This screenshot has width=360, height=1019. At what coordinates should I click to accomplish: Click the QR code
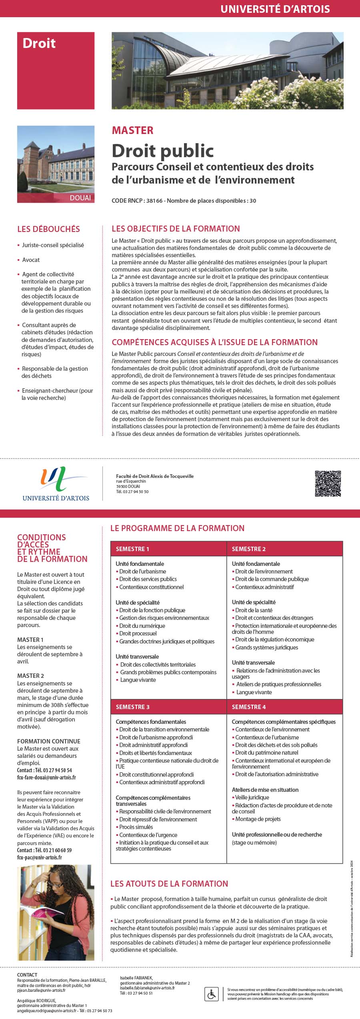[328, 484]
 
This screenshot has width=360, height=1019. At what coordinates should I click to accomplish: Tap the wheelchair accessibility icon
[211, 993]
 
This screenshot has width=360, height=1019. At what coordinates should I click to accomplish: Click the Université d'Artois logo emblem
[56, 480]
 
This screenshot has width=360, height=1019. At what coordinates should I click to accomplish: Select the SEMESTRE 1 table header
[132, 549]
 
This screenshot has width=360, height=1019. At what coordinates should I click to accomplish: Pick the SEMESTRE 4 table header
[249, 707]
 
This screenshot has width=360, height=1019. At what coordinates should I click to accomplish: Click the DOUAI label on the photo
[80, 198]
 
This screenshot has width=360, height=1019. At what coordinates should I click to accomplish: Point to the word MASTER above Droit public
[132, 130]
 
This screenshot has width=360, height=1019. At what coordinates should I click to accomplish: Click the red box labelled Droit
[56, 70]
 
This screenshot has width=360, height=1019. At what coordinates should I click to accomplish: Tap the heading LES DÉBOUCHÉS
[48, 229]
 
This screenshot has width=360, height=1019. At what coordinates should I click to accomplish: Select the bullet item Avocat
[31, 260]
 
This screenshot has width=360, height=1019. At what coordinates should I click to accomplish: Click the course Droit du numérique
[142, 626]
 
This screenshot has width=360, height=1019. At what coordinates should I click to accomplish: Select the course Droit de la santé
[254, 610]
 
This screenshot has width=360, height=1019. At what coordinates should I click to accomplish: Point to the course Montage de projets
[258, 819]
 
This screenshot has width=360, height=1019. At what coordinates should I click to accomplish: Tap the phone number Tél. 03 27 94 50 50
[132, 492]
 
